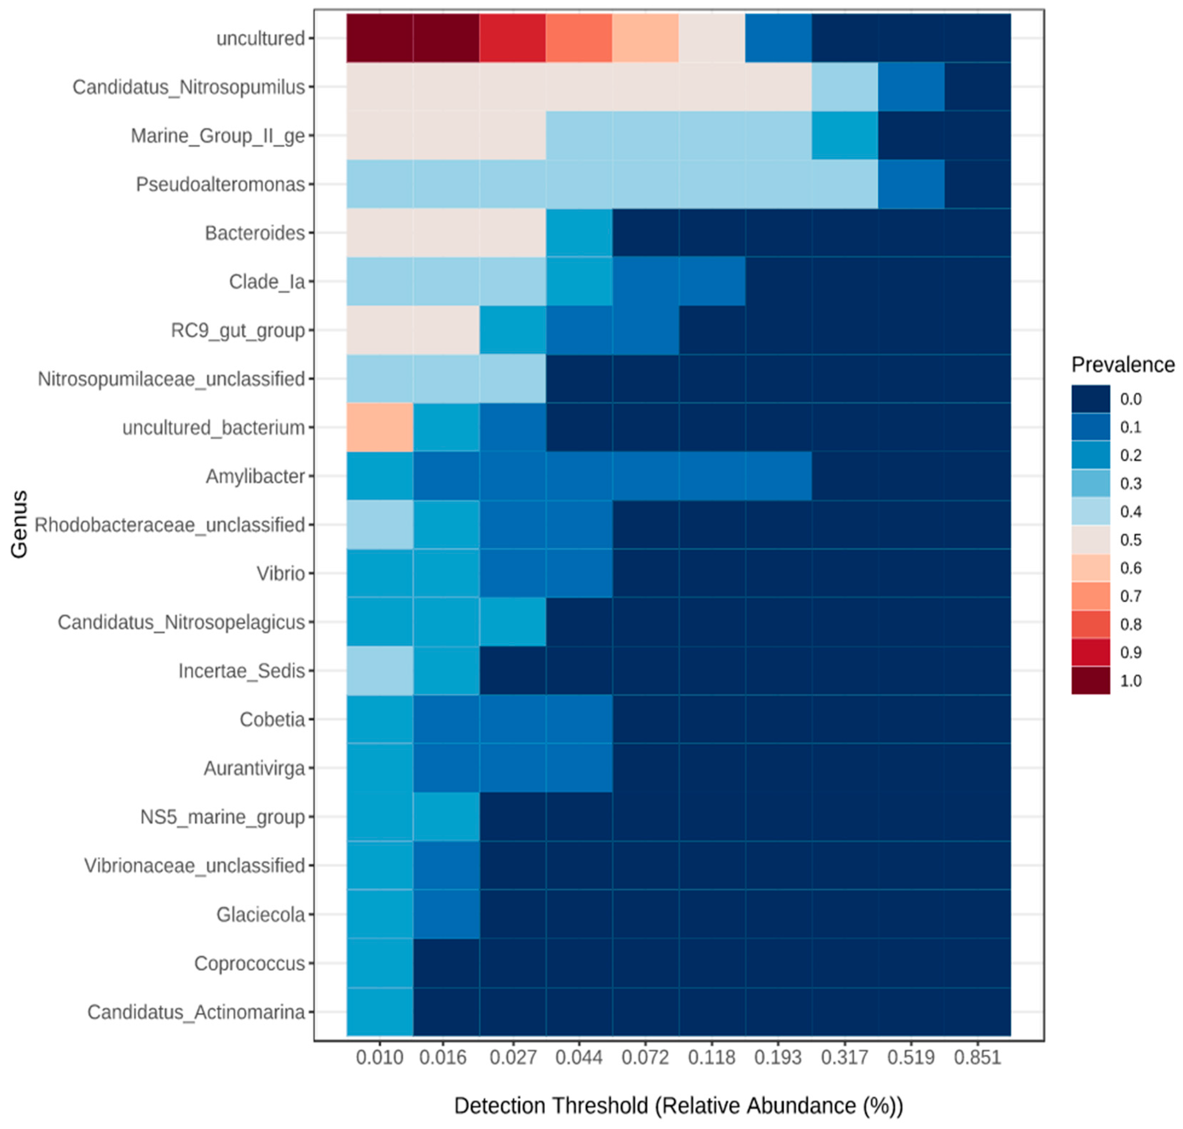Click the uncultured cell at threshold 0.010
(379, 38)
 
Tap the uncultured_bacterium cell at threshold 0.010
(379, 427)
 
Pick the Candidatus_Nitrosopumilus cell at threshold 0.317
(844, 87)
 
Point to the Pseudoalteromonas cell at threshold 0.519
(910, 184)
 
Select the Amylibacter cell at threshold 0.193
(778, 476)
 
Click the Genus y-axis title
(19, 524)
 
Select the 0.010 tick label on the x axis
(379, 1057)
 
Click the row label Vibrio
(280, 573)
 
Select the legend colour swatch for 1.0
(1090, 680)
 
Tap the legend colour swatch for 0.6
(1090, 567)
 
